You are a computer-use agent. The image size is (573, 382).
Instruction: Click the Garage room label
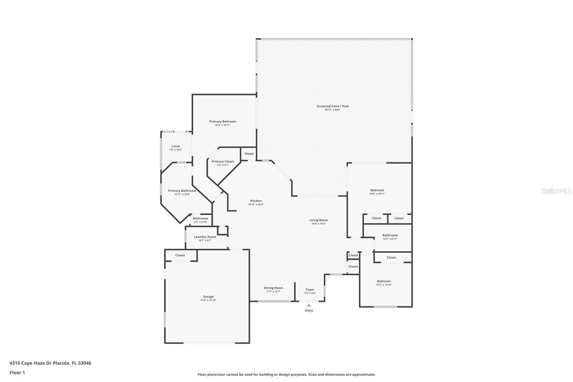[208, 297]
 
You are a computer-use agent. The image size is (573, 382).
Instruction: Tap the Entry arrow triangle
[309, 305]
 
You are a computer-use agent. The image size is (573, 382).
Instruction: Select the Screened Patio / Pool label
[332, 106]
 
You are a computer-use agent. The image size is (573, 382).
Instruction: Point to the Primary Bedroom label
[222, 121]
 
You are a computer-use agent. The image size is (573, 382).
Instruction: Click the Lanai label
[175, 146]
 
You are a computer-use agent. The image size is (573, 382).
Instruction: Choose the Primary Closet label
[223, 162]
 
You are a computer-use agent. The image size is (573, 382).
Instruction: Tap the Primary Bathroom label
[182, 191]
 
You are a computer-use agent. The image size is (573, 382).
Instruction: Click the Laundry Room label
[205, 237]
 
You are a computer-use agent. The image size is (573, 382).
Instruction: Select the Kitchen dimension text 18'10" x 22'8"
[256, 205]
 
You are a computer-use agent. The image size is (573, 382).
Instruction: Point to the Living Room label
[318, 220]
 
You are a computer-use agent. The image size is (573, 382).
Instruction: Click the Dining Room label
[273, 288]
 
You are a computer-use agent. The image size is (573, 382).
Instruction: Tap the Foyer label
[310, 290]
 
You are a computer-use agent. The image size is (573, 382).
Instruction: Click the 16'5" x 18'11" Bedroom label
[377, 190]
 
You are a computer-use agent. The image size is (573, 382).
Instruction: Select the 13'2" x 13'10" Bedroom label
[384, 281]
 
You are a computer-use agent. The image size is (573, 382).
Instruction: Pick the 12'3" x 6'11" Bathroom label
[390, 235]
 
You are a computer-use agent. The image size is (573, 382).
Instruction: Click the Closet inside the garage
[180, 256]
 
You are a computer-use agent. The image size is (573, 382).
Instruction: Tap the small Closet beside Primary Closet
[249, 154]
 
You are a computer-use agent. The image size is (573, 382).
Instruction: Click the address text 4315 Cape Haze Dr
[50, 363]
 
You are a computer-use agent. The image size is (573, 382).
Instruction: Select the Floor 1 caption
[17, 373]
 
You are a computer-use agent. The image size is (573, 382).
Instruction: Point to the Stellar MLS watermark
[556, 191]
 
